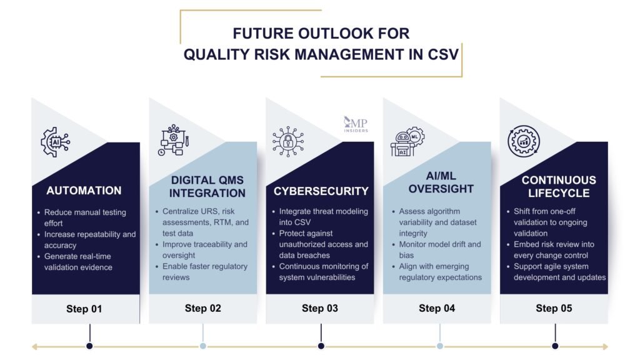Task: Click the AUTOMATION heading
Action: point(84,190)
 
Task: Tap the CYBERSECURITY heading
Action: point(321,191)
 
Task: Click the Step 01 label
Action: point(84,308)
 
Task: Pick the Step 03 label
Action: point(320,308)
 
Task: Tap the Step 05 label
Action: point(554,308)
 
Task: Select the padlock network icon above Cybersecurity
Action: point(287,141)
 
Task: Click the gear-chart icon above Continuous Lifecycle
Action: point(523,141)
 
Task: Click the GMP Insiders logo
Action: point(356,124)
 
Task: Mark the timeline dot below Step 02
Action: point(203,346)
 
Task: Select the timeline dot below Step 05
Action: point(555,346)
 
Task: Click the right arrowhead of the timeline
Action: point(604,346)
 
